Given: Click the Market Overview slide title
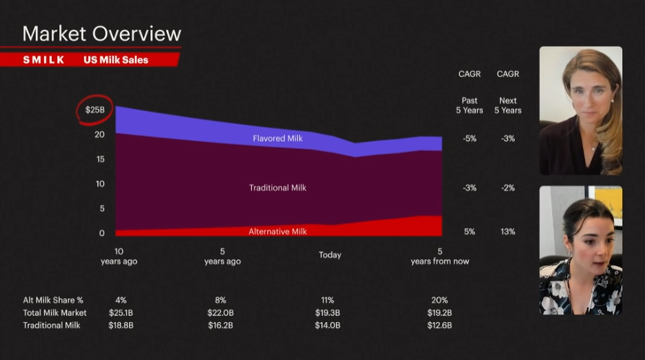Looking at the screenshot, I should tap(101, 33).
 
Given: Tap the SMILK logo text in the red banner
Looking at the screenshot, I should tap(44, 60).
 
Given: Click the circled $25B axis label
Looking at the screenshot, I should tap(95, 110).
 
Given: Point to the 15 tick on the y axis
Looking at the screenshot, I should tap(100, 159).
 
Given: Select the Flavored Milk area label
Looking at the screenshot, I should tap(277, 139).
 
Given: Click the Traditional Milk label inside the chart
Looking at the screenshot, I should tap(277, 188).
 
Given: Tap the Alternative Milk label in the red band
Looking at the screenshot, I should tap(277, 232).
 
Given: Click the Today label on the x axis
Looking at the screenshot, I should tap(330, 255).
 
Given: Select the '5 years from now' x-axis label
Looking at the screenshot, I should tap(439, 257).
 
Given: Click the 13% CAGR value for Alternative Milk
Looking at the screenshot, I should tap(508, 232).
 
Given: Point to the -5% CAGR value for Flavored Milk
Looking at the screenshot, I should tap(469, 139).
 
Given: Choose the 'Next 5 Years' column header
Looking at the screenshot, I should tap(508, 106).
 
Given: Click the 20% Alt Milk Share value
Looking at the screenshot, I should tap(439, 301).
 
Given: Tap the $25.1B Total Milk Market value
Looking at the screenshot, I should tap(121, 313).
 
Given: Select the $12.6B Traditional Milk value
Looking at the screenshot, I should tap(439, 326).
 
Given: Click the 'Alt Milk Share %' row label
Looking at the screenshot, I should tap(53, 301).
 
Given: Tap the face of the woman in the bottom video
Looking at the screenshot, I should tap(592, 242).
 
